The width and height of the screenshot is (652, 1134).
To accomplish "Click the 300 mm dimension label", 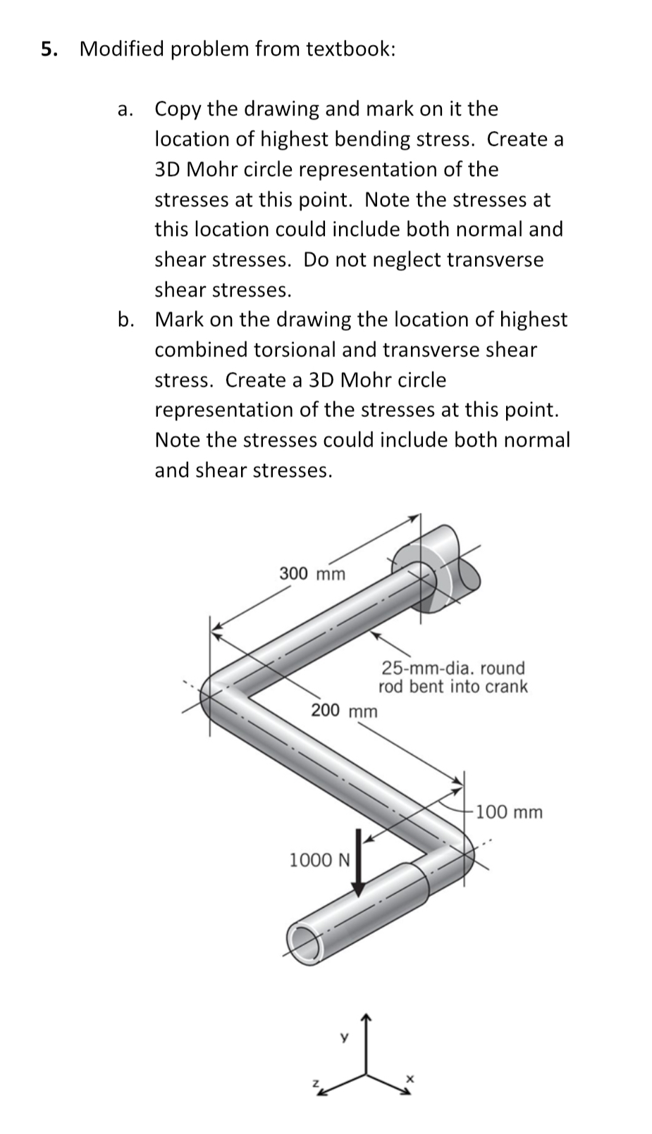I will [x=312, y=573].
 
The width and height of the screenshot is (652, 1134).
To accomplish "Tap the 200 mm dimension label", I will [x=344, y=710].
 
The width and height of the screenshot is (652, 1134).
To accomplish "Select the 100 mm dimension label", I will [x=509, y=812].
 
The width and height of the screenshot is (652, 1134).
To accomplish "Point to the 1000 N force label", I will [x=319, y=859].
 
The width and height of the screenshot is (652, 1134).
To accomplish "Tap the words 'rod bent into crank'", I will [x=453, y=687].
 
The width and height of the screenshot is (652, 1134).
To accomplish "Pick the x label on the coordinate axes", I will [x=410, y=1078].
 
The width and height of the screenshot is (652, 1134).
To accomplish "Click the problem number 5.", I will [x=49, y=49].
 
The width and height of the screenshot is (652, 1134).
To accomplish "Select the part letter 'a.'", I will [x=125, y=109].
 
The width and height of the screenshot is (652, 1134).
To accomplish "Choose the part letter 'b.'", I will [x=126, y=320].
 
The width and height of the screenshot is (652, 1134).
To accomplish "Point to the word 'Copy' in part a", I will [x=178, y=109].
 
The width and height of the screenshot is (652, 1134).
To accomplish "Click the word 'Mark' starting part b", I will [x=179, y=320].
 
